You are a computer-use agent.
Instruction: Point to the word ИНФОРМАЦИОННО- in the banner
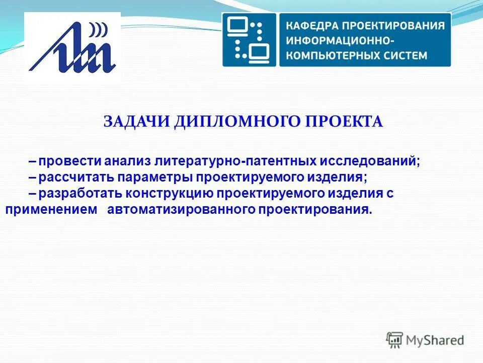341,40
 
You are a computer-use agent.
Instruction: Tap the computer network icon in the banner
250,39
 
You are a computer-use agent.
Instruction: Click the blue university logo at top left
72,47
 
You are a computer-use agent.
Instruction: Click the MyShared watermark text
436,340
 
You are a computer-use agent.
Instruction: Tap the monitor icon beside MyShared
395,340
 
